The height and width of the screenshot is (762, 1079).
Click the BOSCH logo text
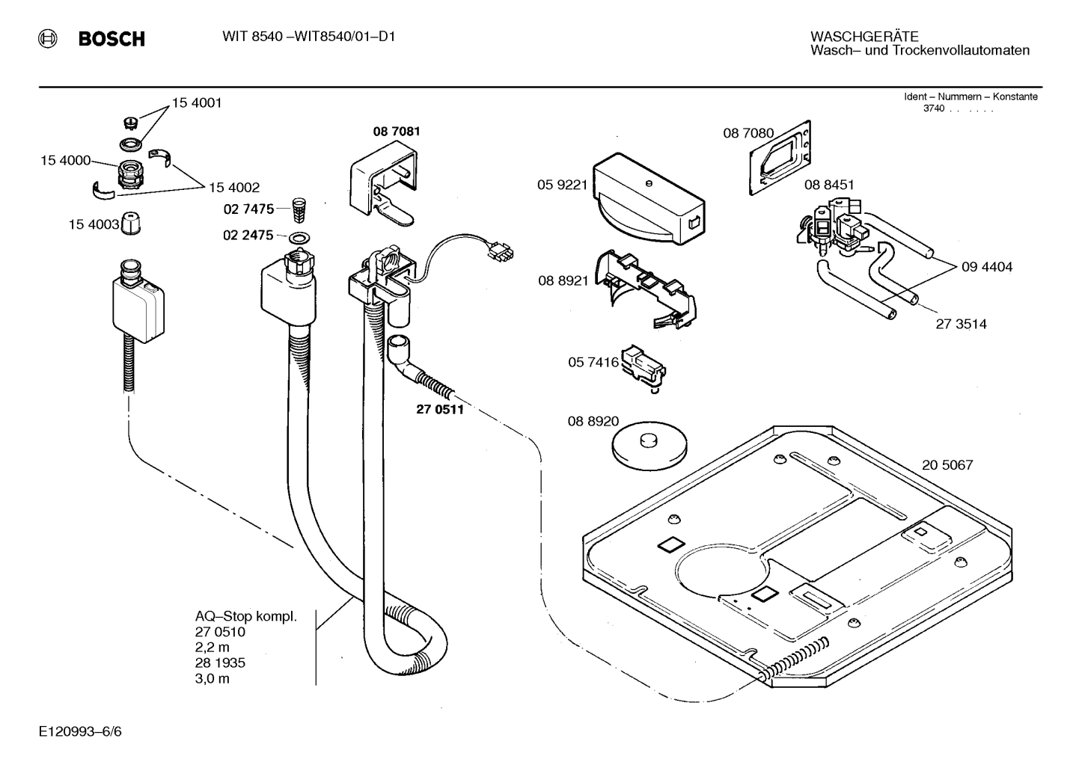tap(111, 39)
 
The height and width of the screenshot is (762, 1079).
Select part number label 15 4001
tap(197, 103)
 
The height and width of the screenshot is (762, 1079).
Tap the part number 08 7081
tap(397, 132)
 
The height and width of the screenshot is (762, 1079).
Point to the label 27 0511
tap(440, 409)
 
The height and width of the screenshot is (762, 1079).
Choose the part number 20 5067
tap(947, 465)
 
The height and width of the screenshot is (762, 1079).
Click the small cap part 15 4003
tap(132, 224)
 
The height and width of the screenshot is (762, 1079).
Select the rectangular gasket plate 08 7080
tap(780, 159)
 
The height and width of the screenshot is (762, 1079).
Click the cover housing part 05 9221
tap(648, 199)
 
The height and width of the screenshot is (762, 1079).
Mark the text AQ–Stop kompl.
tap(246, 617)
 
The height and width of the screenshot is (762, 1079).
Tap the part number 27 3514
tap(961, 325)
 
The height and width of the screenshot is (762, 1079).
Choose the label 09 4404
tap(987, 267)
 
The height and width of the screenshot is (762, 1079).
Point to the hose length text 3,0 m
tap(213, 679)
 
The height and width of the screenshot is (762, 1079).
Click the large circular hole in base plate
tap(721, 573)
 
